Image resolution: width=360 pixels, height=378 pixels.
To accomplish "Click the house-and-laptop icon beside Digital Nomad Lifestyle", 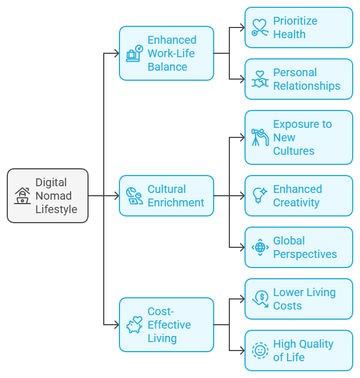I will click(x=22, y=196).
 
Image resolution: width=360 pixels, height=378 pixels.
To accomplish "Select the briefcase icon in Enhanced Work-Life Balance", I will click(x=133, y=54).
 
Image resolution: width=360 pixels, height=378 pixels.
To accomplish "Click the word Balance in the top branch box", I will click(x=167, y=67).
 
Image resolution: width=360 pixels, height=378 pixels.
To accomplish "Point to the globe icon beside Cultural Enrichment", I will click(x=134, y=196).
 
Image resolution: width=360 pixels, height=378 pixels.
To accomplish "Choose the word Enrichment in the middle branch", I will click(x=176, y=202).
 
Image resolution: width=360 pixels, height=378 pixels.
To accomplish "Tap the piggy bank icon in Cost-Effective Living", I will click(x=134, y=325).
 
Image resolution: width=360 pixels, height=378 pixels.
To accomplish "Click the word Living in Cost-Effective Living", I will click(x=162, y=338).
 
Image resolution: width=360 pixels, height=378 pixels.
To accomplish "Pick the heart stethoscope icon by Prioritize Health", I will click(x=260, y=27).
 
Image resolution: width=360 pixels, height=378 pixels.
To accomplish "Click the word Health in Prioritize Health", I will click(x=289, y=34).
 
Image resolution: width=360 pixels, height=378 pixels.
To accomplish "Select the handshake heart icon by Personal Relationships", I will click(x=260, y=79).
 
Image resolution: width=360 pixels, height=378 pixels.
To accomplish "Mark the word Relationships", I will click(x=306, y=86).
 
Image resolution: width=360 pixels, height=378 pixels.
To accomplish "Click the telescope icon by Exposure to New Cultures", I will click(x=260, y=137).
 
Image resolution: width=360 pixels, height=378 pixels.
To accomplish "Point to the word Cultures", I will click(x=293, y=151).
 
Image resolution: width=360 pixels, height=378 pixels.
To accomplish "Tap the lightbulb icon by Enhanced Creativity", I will click(x=260, y=196).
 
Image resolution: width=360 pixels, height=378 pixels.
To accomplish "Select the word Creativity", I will click(x=296, y=202).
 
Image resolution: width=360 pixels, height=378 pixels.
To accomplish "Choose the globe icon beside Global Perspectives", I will click(x=260, y=247).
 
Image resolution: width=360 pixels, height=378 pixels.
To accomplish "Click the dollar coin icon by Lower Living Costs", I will click(x=260, y=299).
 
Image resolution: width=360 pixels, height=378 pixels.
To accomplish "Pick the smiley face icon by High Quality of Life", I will click(x=260, y=351).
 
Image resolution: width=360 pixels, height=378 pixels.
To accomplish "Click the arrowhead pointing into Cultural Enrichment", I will click(x=116, y=196).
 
